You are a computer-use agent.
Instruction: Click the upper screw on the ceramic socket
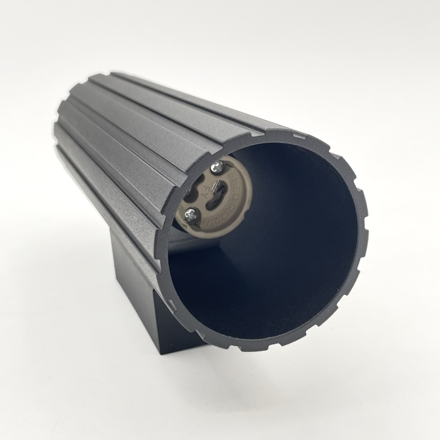(217, 165)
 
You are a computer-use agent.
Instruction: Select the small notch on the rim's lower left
(171, 305)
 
